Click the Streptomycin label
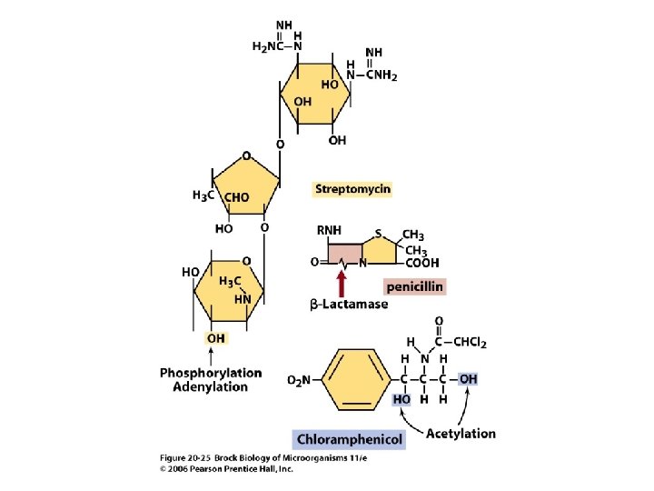click(x=352, y=189)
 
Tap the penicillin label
click(x=414, y=286)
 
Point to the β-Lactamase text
click(x=349, y=305)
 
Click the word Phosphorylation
click(x=211, y=373)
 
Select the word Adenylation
click(x=211, y=386)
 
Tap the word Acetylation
click(x=461, y=433)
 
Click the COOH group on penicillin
click(x=421, y=264)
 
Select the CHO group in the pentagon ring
click(x=236, y=196)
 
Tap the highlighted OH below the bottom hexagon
click(x=216, y=338)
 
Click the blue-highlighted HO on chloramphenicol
click(x=401, y=398)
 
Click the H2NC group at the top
click(x=270, y=46)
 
